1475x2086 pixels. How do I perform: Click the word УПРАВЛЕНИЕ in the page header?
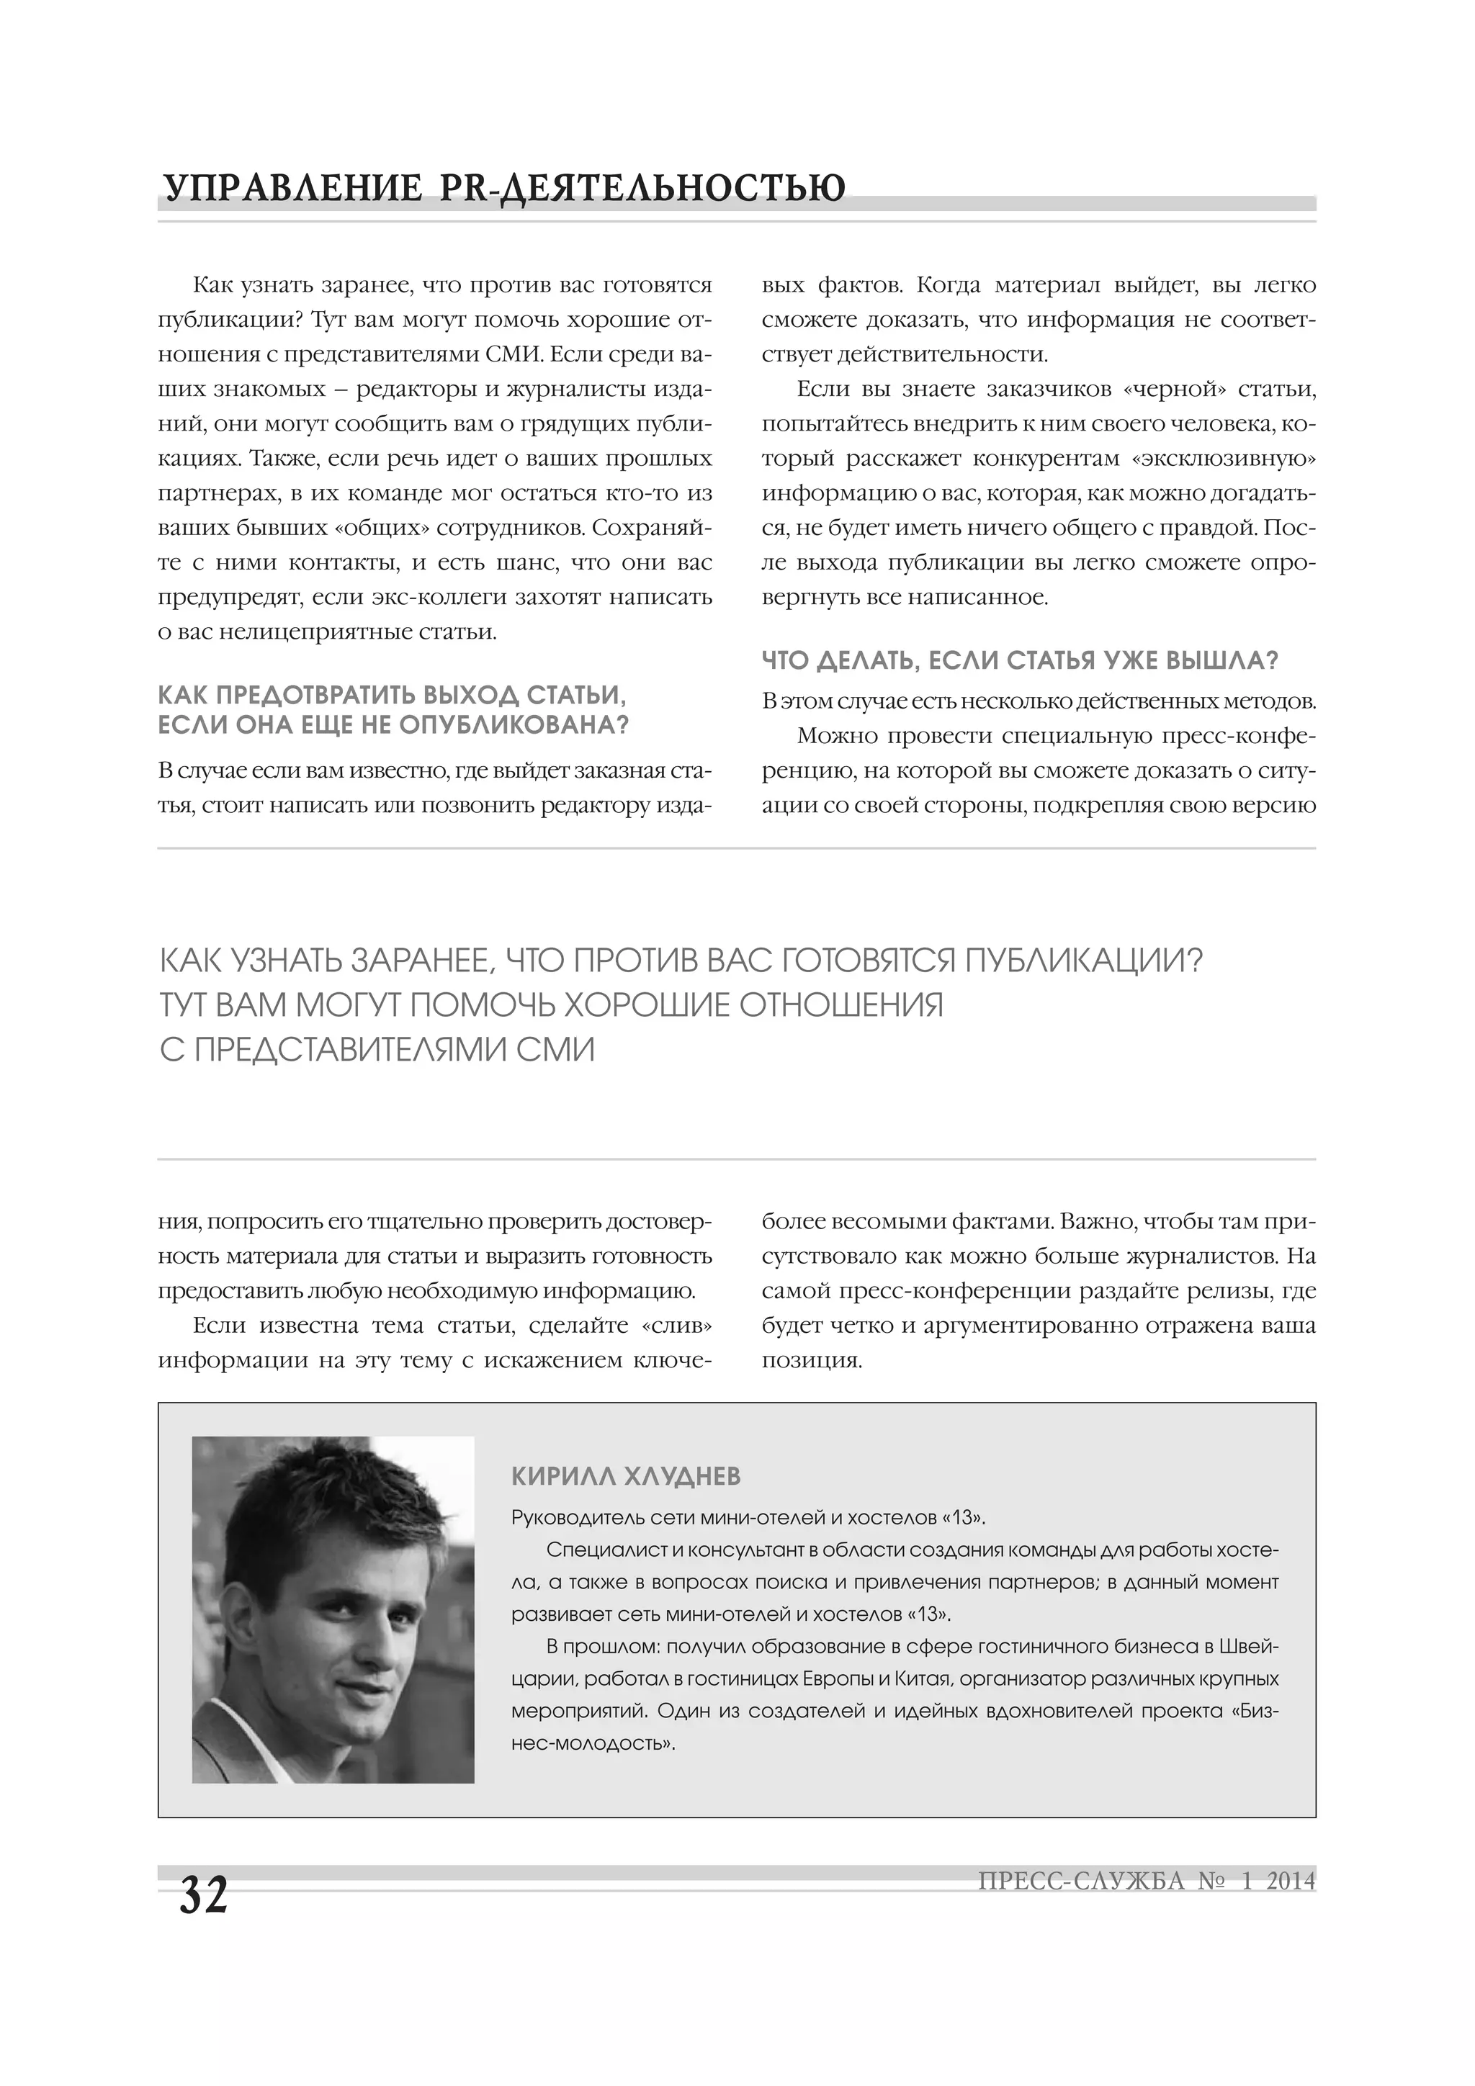coord(291,188)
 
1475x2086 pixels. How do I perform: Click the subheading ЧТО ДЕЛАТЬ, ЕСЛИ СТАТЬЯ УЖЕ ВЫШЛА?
coord(1020,660)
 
